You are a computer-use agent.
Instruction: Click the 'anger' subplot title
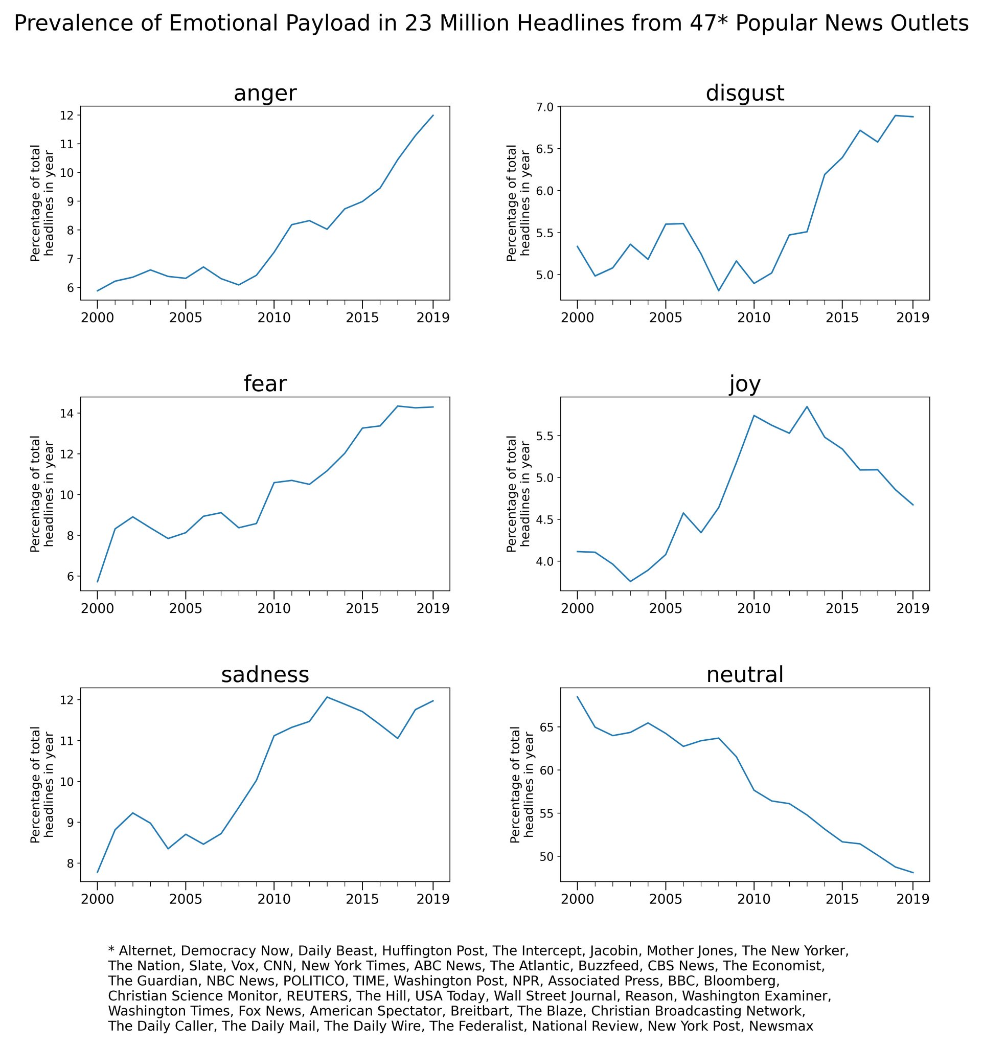point(265,93)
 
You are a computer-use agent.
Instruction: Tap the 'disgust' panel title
point(744,93)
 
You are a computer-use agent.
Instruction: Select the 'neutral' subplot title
point(744,674)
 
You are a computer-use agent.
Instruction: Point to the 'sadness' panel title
point(265,674)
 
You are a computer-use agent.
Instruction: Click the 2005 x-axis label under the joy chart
point(666,608)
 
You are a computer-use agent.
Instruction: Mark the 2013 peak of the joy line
point(807,406)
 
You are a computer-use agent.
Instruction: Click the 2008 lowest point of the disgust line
point(718,290)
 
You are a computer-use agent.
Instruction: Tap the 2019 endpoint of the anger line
point(433,116)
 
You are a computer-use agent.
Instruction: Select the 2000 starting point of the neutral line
point(578,697)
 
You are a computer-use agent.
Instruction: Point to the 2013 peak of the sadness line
point(327,697)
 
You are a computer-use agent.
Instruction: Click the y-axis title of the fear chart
point(42,494)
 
